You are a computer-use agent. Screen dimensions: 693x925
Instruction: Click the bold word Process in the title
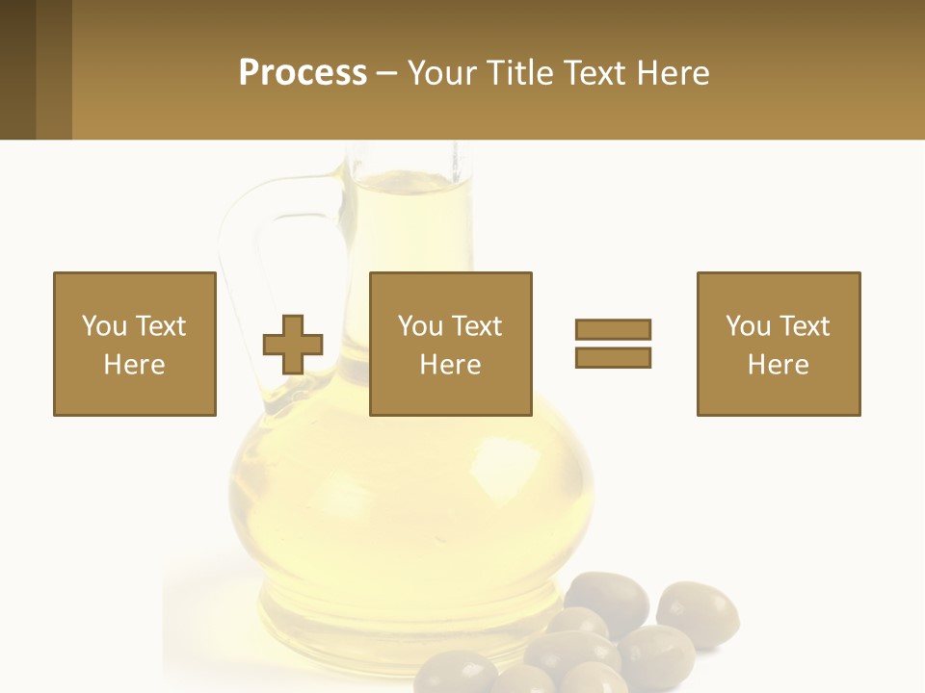[303, 72]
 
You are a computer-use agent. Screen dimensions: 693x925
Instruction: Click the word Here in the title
[673, 72]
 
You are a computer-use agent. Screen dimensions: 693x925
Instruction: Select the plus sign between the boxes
[294, 344]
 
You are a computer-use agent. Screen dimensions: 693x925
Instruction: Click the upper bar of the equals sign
[613, 329]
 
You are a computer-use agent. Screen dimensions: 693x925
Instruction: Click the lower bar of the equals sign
[613, 357]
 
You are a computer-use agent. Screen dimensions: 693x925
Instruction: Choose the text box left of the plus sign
[134, 344]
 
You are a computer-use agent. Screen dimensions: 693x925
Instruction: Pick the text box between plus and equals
[450, 344]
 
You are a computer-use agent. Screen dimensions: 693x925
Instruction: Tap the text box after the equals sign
[778, 344]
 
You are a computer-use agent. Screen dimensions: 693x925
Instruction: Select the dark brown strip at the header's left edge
[17, 69]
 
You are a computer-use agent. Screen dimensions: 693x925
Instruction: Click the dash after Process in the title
[386, 73]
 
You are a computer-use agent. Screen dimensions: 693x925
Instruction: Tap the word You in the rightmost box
[748, 326]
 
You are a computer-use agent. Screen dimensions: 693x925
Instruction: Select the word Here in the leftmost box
[134, 365]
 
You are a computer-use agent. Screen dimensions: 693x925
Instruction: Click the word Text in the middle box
[476, 326]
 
